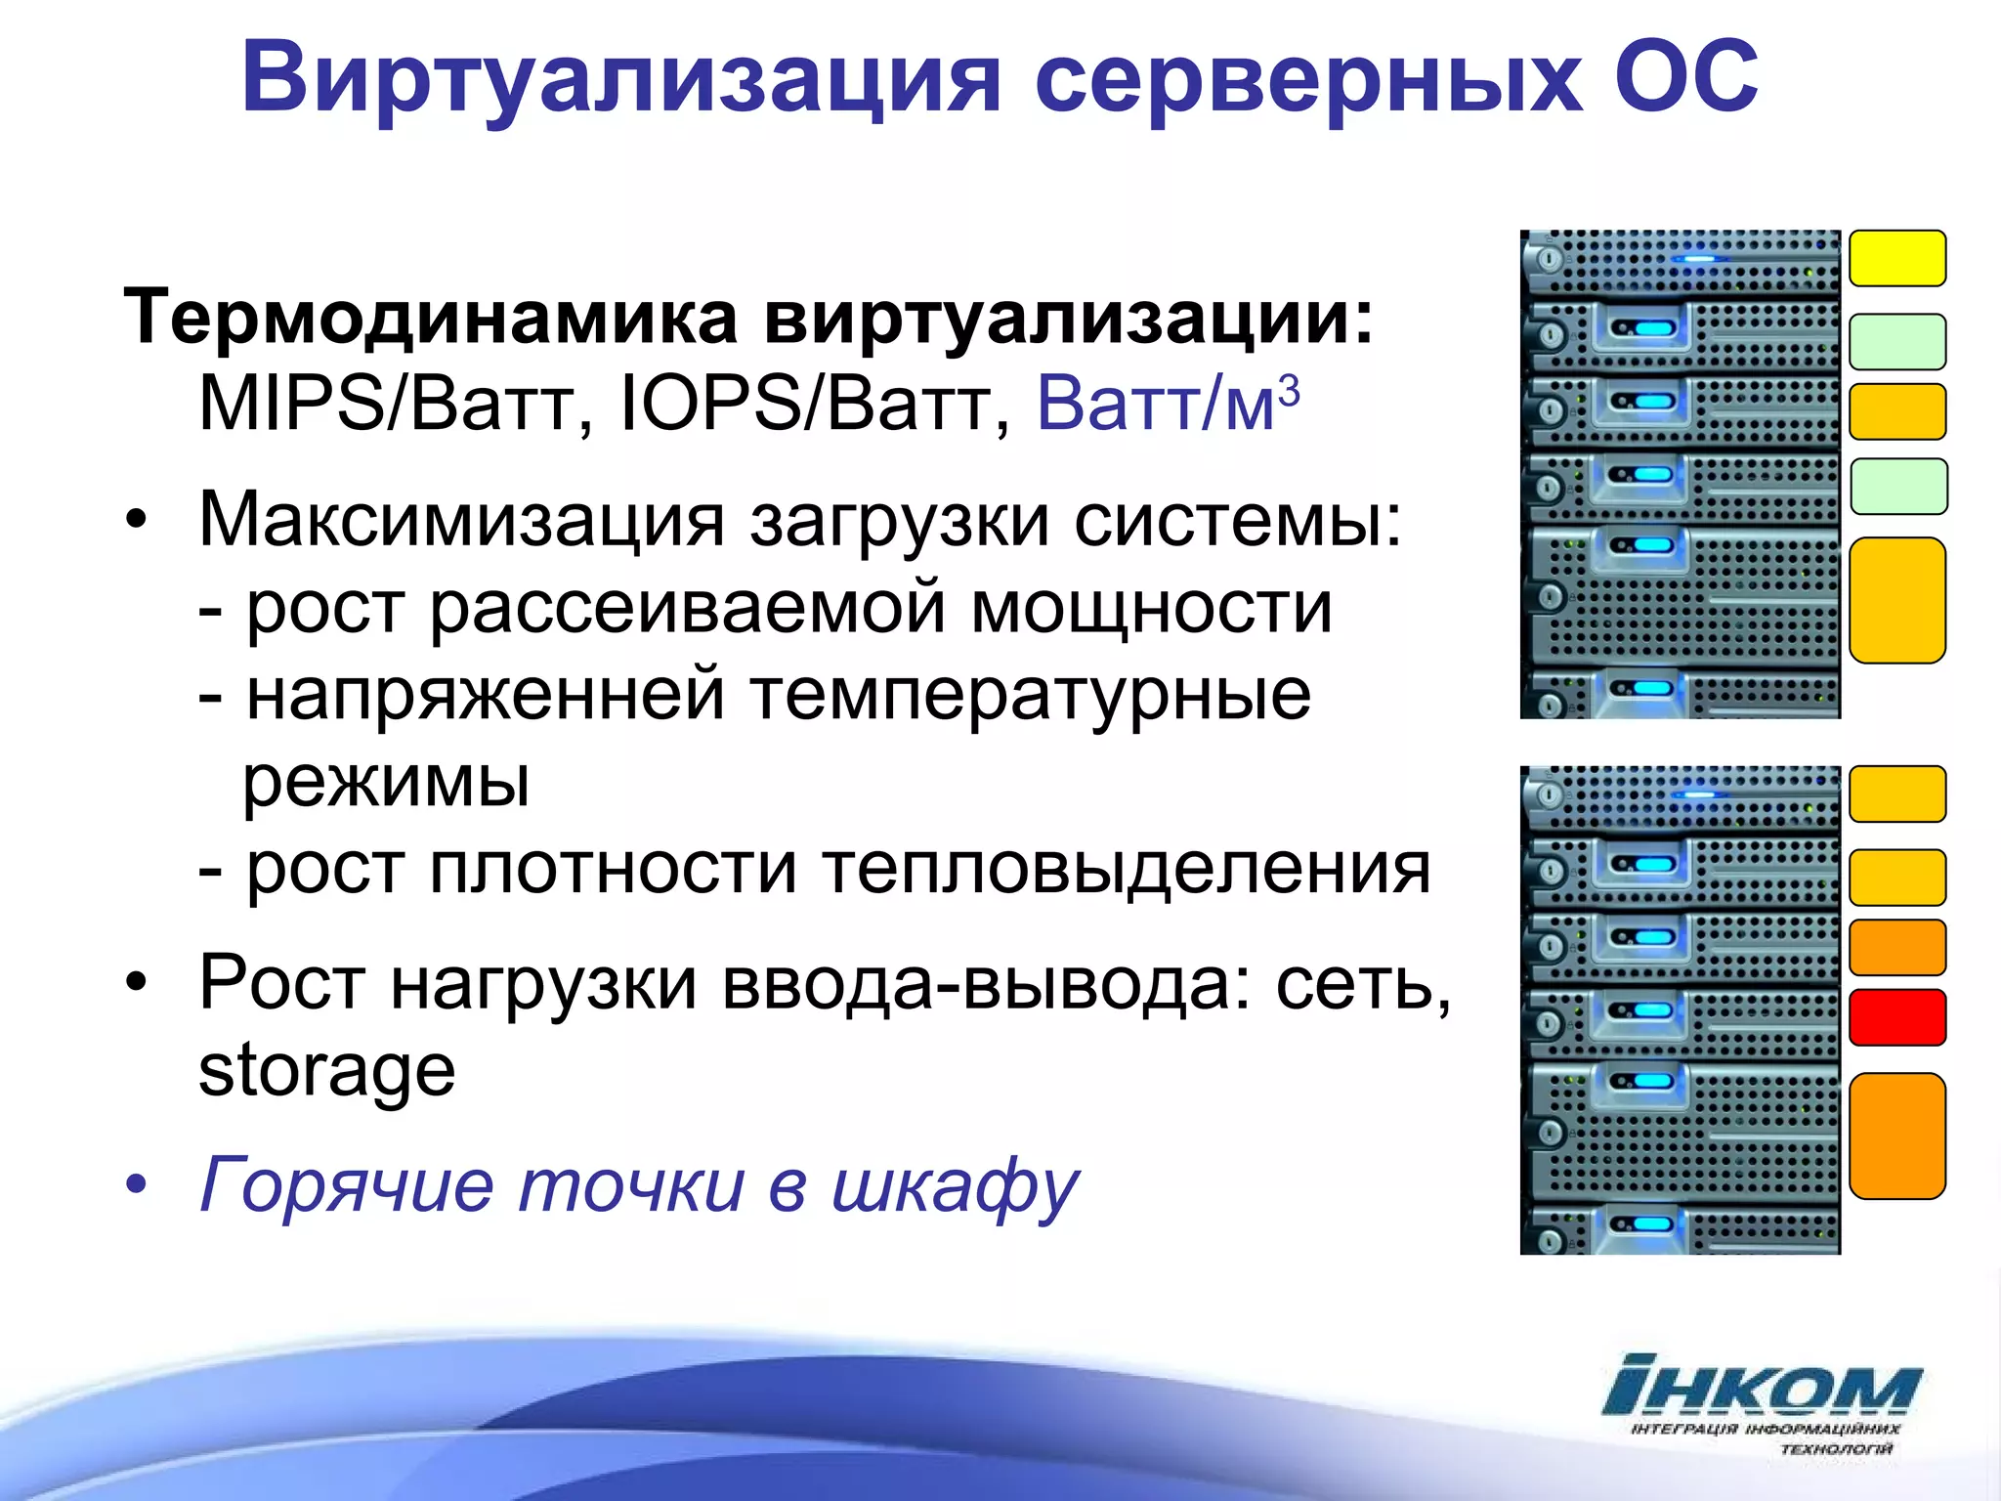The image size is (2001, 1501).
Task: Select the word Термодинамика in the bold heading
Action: click(430, 318)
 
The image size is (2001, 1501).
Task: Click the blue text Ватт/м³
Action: click(1167, 403)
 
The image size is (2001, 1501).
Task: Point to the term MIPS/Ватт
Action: click(386, 404)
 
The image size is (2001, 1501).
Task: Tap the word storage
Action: click(326, 1070)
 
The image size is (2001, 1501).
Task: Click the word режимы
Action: click(386, 782)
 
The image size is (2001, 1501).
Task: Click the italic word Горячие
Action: click(347, 1185)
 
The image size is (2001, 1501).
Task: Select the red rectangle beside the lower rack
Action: click(1897, 1017)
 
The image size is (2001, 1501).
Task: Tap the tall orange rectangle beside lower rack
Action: click(1897, 1136)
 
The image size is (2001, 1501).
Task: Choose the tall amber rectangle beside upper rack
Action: click(1897, 600)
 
